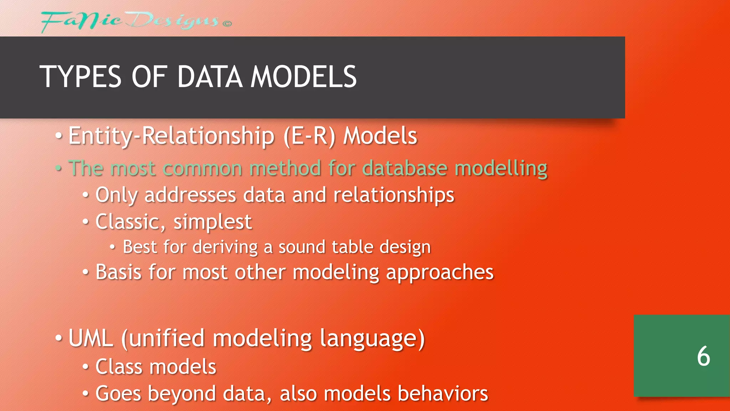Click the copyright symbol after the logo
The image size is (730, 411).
coord(227,24)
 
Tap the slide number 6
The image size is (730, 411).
coord(703,356)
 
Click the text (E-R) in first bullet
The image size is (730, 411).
coord(309,136)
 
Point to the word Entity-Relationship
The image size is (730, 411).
coord(171,136)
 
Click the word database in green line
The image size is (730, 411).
coord(404,168)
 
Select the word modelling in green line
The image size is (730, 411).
coord(501,169)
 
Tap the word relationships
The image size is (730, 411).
coord(394,196)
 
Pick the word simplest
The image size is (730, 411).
coord(212,222)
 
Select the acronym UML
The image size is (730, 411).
coord(91,338)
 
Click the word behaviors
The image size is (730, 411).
coord(442,394)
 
